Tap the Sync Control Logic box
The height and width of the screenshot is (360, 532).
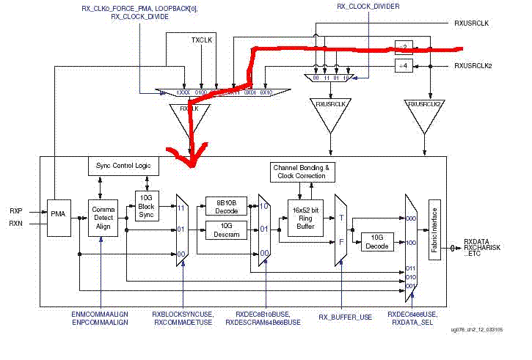(123, 166)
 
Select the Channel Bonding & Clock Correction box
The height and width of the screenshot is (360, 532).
(302, 172)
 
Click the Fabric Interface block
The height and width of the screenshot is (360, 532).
(434, 221)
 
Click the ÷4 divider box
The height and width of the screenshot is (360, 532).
(403, 66)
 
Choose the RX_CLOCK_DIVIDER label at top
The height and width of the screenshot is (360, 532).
(364, 7)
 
